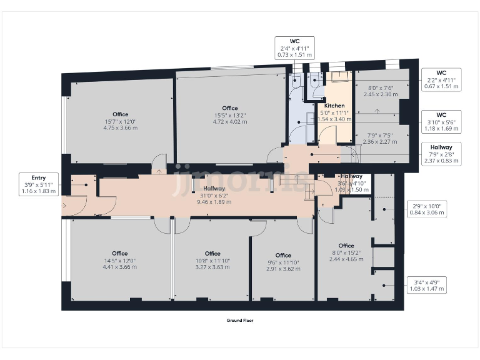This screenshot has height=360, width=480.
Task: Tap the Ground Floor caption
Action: pos(240,320)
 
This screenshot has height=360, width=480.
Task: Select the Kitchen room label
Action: pos(334,112)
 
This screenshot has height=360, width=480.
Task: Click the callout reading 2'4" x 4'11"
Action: pos(294,48)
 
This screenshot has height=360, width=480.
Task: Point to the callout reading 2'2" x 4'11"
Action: pos(441,80)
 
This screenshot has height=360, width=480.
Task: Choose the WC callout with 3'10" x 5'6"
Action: pos(441,122)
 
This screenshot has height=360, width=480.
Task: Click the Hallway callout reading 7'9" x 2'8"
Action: pos(441,154)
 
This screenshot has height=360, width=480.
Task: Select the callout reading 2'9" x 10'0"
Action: pos(427,209)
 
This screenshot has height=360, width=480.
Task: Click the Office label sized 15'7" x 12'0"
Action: pos(121,121)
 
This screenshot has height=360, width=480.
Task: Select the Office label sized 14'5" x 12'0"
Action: pos(119,260)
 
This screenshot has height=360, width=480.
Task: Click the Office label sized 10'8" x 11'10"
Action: pos(212,260)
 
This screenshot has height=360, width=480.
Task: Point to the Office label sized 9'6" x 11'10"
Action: pos(283,262)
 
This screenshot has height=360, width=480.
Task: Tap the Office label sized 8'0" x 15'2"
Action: pos(346,252)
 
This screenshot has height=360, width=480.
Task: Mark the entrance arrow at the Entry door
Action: pos(63,205)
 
